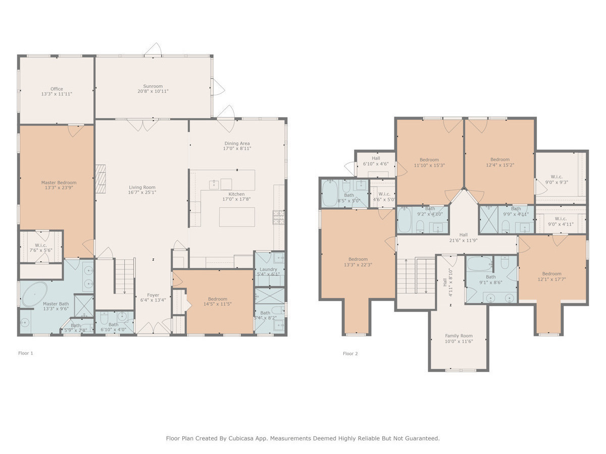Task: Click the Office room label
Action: point(56,89)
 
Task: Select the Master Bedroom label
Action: point(59,183)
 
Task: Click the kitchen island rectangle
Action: point(237,217)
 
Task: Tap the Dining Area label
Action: point(237,143)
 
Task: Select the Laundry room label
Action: point(268,269)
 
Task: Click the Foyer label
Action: point(153,295)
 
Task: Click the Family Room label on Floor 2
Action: point(459,336)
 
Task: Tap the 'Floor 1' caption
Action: point(26,353)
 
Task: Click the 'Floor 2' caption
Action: point(350,354)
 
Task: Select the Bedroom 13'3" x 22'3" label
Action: point(358,259)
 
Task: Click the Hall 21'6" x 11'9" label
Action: point(463,235)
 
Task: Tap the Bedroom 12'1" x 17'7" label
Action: point(551,274)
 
